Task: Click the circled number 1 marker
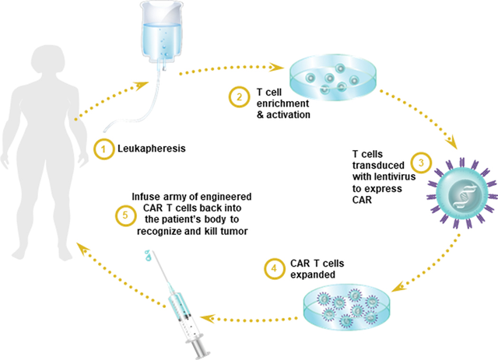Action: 100,148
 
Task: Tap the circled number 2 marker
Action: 237,98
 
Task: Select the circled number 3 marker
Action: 419,163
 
